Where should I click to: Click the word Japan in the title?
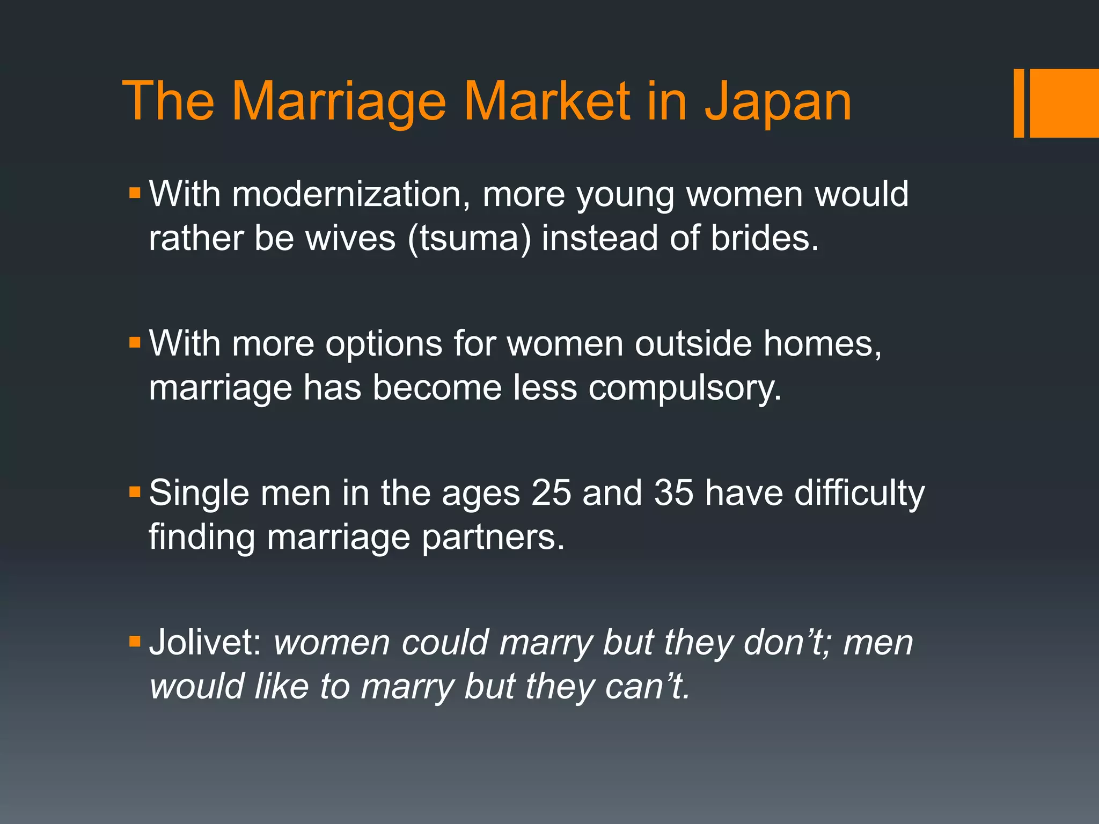(778, 102)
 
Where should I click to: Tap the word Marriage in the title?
(339, 102)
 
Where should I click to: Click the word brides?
(764, 237)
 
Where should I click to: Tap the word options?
(383, 344)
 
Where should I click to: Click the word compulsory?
(685, 387)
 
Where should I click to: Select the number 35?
(673, 492)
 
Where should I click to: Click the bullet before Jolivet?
(135, 641)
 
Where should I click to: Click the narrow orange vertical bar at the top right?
(1019, 103)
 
